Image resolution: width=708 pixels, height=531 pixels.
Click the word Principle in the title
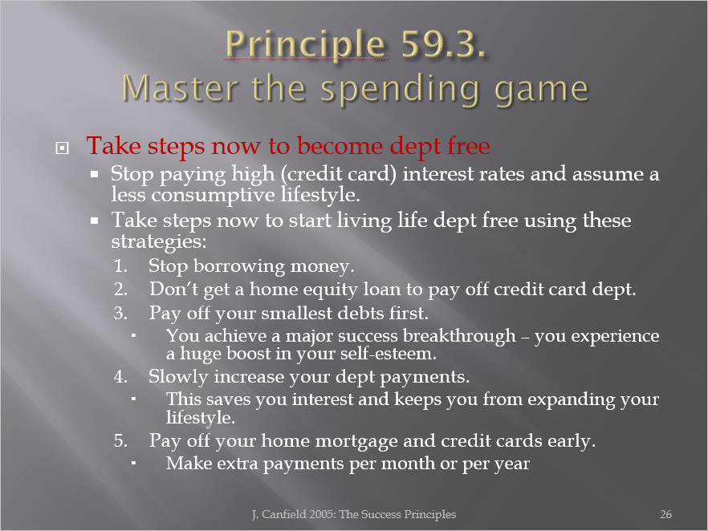(x=306, y=45)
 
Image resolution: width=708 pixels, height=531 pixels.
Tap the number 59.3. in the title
(x=444, y=43)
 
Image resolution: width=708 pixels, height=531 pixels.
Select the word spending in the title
(x=400, y=89)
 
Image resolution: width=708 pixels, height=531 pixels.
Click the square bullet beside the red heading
(x=63, y=148)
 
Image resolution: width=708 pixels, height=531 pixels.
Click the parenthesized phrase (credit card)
(x=338, y=174)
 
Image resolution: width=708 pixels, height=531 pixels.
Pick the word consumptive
(x=214, y=196)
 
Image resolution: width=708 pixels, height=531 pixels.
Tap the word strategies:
(x=159, y=241)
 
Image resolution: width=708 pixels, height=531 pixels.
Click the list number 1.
(x=120, y=265)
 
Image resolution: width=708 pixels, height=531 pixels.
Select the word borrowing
(x=239, y=266)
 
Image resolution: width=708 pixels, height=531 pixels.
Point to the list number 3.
(x=120, y=313)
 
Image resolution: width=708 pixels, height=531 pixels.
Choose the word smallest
(x=297, y=313)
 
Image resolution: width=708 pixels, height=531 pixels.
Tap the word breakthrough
(x=459, y=335)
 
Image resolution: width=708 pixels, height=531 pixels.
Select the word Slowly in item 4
(x=178, y=377)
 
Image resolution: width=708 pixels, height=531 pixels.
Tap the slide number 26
(x=666, y=514)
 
